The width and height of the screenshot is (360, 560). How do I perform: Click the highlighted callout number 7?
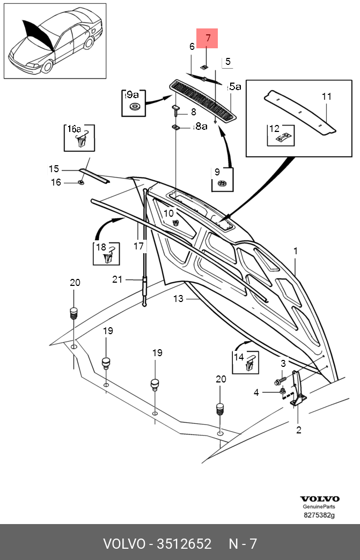208,38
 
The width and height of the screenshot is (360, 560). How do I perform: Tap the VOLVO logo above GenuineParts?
319,499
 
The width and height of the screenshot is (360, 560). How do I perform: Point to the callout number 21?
117,279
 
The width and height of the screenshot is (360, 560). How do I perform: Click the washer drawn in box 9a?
135,106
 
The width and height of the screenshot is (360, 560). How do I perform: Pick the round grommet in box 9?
222,183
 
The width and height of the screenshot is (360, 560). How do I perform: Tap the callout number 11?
326,97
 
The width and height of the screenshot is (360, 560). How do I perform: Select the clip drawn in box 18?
110,255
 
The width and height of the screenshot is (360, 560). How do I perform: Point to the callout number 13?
178,299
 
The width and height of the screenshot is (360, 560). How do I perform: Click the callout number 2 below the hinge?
299,430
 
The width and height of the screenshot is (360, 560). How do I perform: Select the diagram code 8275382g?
319,515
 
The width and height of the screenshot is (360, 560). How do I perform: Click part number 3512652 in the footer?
184,544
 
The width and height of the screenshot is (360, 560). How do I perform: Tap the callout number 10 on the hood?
168,213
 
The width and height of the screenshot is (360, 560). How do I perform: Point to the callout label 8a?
200,126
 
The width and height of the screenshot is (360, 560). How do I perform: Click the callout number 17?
138,246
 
